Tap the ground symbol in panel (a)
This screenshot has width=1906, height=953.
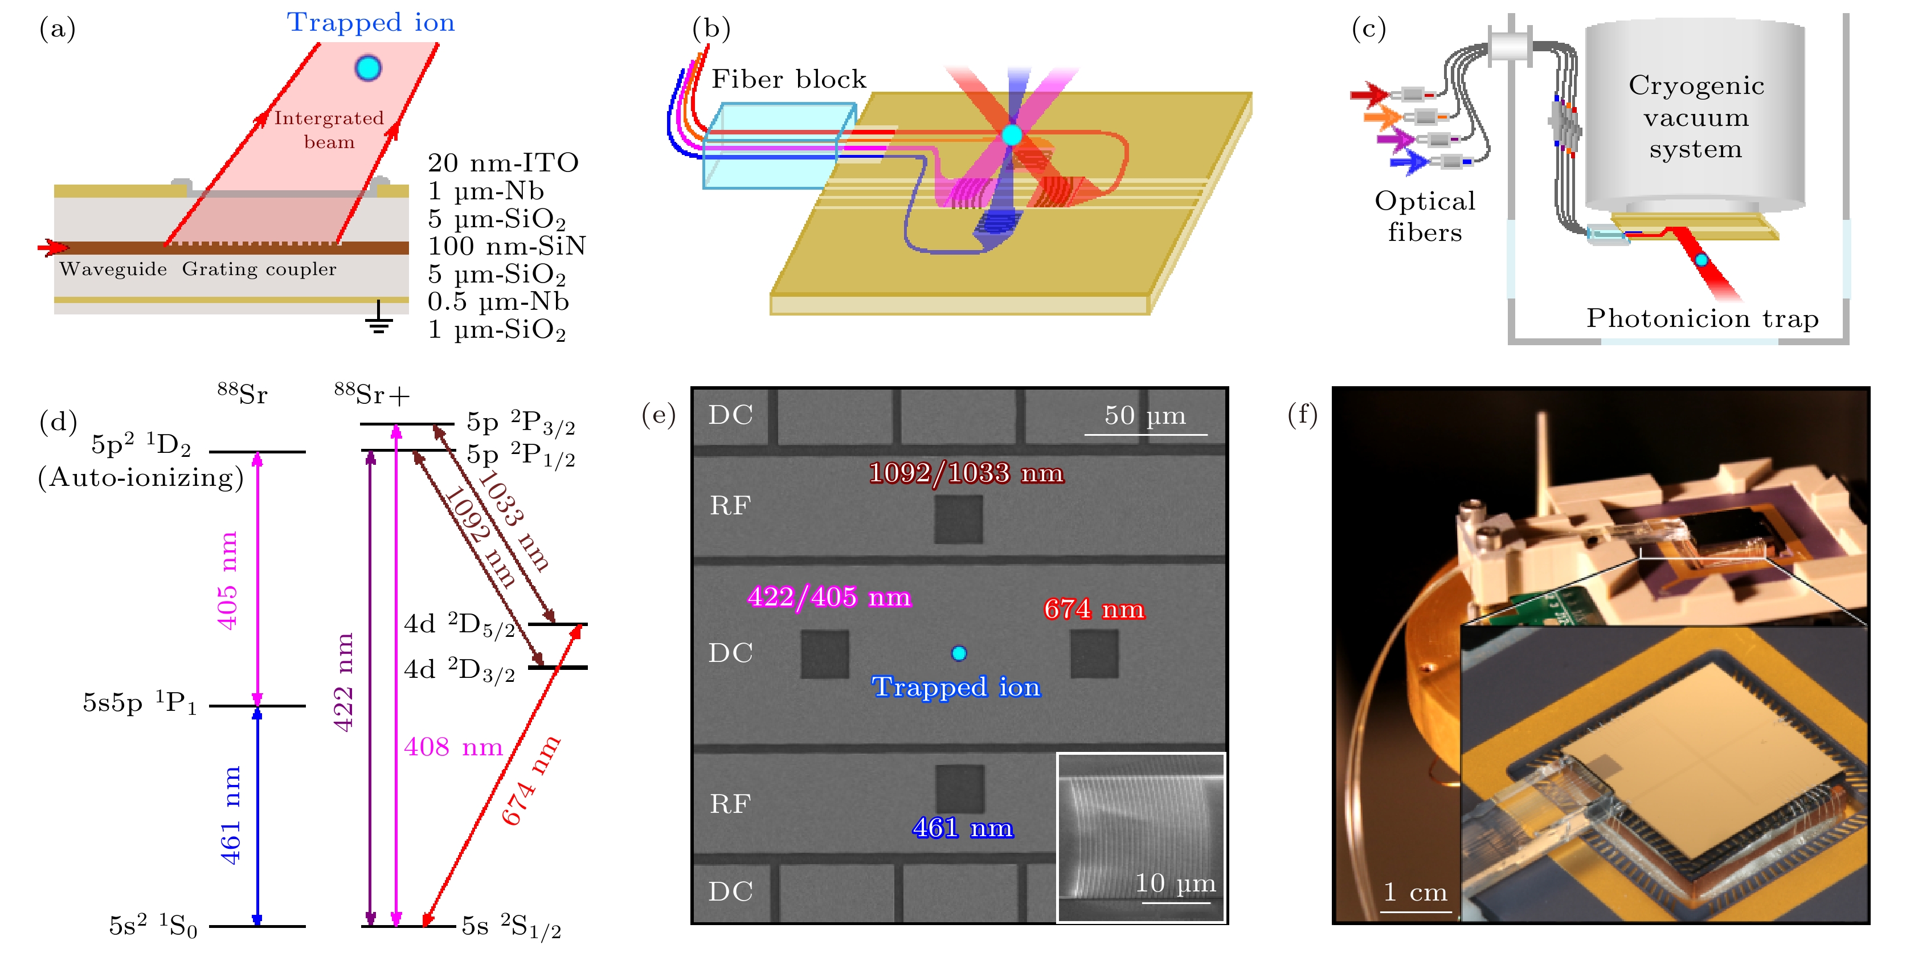379,318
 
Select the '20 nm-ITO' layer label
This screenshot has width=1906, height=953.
502,163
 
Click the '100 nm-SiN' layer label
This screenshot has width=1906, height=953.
507,246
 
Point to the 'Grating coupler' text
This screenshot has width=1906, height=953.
259,269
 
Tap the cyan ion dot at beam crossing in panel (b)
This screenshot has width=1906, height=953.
1012,134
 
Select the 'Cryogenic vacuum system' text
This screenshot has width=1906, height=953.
1696,117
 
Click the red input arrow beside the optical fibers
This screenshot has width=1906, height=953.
1368,94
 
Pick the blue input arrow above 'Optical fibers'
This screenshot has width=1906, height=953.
1408,161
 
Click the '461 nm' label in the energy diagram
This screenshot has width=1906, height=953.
231,815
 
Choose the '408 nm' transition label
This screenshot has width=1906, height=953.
453,747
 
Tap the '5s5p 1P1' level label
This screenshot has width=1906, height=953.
140,703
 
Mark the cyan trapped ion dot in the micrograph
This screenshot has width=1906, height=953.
959,653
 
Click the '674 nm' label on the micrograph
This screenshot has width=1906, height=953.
1094,610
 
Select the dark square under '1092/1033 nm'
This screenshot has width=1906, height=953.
959,520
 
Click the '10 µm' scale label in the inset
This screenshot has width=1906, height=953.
1175,883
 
